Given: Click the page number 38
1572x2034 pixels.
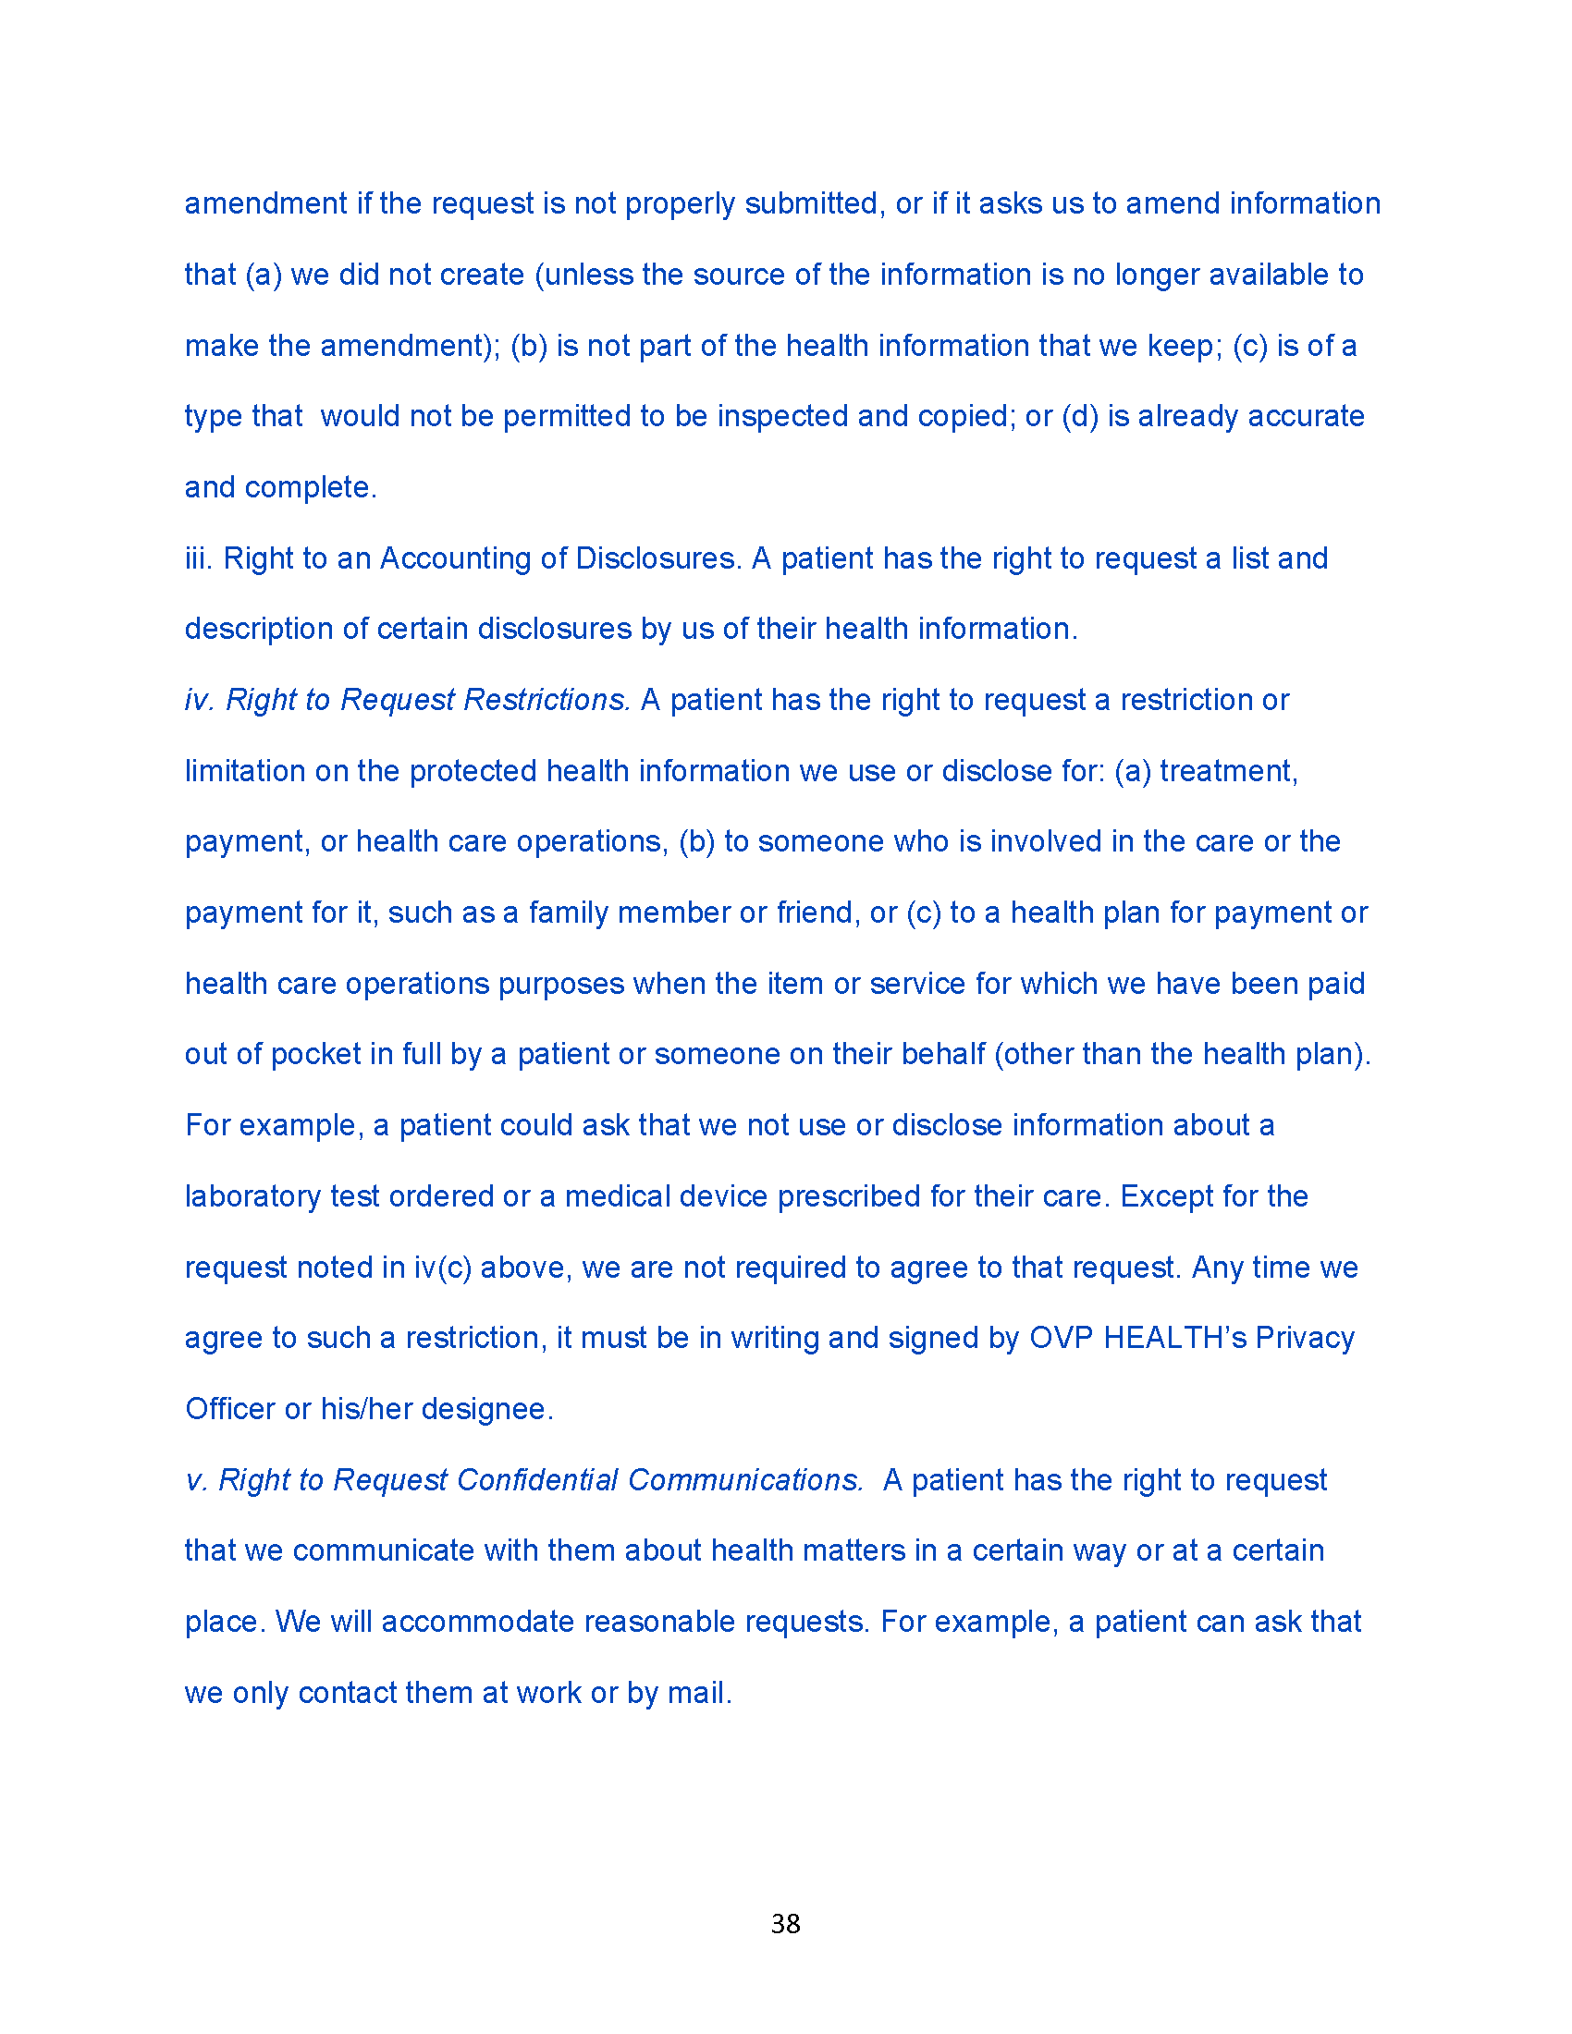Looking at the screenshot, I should coord(785,1923).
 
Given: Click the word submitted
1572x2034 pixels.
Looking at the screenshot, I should coord(812,203).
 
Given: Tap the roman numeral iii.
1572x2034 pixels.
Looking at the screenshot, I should coord(199,558).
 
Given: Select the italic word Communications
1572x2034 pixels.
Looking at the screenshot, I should coord(745,1480).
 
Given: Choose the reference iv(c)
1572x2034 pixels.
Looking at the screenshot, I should coord(442,1267).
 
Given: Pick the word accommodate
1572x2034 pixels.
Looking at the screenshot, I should coord(478,1622).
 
